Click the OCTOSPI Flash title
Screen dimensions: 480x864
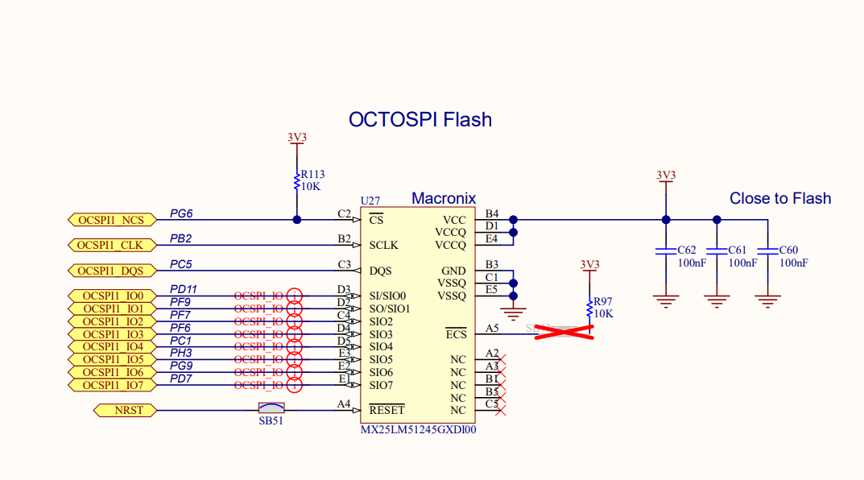point(420,120)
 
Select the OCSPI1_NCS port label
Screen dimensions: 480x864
point(111,220)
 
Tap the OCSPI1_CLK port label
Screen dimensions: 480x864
point(111,245)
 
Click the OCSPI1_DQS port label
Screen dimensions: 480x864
point(111,271)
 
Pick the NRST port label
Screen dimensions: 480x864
point(124,411)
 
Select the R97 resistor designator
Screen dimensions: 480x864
point(603,301)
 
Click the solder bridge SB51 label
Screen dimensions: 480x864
point(271,420)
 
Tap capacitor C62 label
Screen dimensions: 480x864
point(687,250)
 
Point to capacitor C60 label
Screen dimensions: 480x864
point(789,250)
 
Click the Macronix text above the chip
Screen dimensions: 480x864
point(444,198)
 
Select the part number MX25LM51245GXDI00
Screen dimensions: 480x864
point(419,430)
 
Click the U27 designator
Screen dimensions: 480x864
point(370,201)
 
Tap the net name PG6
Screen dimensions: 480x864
point(181,213)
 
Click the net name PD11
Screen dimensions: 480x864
point(184,289)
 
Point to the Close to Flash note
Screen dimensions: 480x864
point(779,198)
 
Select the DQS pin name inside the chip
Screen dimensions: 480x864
point(380,271)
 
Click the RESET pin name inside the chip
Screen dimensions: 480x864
point(387,411)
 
